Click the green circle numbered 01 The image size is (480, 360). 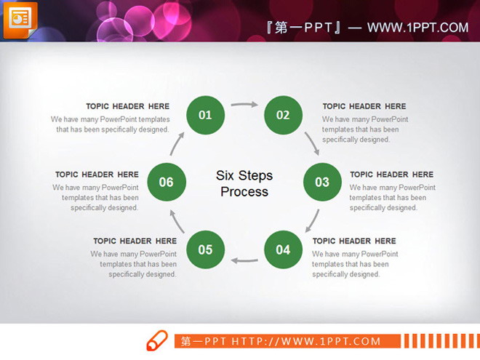point(205,114)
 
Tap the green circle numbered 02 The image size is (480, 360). point(283,114)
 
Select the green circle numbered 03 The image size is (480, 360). point(322,182)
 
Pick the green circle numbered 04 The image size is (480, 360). point(283,250)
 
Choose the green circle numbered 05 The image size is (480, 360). point(205,250)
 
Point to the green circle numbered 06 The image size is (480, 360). point(167,182)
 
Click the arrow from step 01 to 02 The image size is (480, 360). point(244,105)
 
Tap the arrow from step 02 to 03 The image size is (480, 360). point(312,143)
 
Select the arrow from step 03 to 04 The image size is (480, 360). point(311,220)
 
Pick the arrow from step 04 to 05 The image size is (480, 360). point(244,259)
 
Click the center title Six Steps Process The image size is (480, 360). point(244,184)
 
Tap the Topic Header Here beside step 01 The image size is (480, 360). point(127,107)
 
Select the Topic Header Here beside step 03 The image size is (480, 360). point(391,175)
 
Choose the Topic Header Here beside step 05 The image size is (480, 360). point(135,241)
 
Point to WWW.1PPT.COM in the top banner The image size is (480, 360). point(417,28)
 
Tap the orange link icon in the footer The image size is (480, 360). point(157,340)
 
